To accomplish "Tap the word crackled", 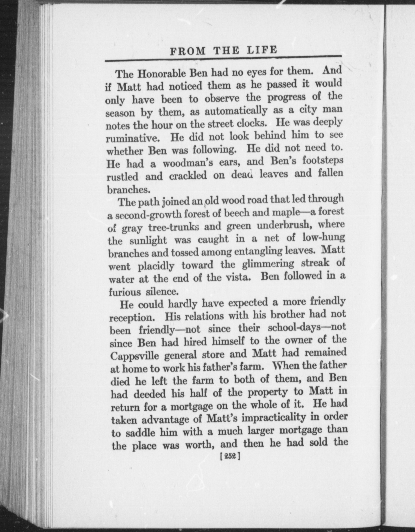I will click(x=188, y=176).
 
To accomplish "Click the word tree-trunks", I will click(x=174, y=227).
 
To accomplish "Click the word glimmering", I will click(x=268, y=264).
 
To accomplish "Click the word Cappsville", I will click(x=134, y=355).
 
